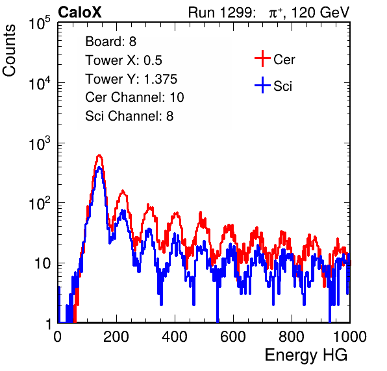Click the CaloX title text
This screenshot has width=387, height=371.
pyautogui.click(x=80, y=12)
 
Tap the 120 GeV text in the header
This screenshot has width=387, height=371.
pyautogui.click(x=321, y=12)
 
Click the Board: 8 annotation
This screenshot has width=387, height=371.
pyautogui.click(x=110, y=42)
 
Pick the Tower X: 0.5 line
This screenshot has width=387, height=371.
pyautogui.click(x=123, y=60)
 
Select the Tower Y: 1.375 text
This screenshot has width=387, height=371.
pyautogui.click(x=131, y=79)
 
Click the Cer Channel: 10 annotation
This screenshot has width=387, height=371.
pyautogui.click(x=134, y=97)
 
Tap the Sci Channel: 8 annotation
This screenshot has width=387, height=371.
pyautogui.click(x=129, y=116)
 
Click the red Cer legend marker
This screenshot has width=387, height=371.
pyautogui.click(x=262, y=58)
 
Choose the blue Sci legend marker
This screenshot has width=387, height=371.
pyautogui.click(x=262, y=86)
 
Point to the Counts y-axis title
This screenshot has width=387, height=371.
pyautogui.click(x=9, y=51)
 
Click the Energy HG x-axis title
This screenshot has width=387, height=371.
pyautogui.click(x=306, y=355)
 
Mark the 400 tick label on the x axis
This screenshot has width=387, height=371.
pyautogui.click(x=175, y=337)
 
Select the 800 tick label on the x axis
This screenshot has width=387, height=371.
pyautogui.click(x=292, y=337)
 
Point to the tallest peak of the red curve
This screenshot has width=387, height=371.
pyautogui.click(x=99, y=155)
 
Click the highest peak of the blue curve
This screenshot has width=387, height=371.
pyautogui.click(x=99, y=167)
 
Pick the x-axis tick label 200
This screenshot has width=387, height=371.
pyautogui.click(x=116, y=337)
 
